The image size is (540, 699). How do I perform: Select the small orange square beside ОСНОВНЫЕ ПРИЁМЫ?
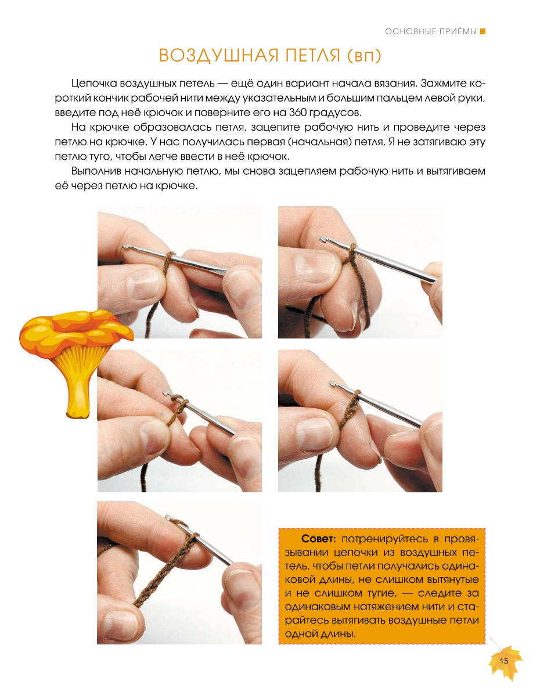click(483, 31)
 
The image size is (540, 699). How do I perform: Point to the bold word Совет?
click(319, 539)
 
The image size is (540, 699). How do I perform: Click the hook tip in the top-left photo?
click(125, 246)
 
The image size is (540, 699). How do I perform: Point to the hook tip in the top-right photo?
click(322, 239)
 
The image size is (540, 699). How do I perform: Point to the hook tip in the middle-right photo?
click(332, 383)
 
